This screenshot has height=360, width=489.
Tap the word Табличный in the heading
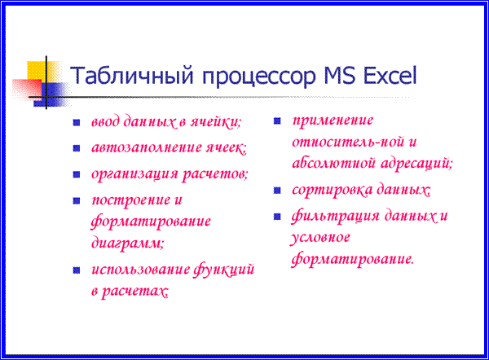[132, 76]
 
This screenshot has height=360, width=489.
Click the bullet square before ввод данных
[77, 122]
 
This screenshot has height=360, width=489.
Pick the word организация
[134, 174]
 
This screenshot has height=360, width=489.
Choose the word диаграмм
[127, 243]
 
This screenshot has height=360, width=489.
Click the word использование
[141, 270]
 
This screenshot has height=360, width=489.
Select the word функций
[223, 270]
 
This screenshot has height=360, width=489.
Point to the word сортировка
[333, 190]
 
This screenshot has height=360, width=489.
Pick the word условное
[320, 239]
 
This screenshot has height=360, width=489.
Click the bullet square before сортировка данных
[277, 190]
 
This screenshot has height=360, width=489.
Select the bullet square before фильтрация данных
[277, 217]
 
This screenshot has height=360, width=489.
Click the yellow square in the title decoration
[37, 70]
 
